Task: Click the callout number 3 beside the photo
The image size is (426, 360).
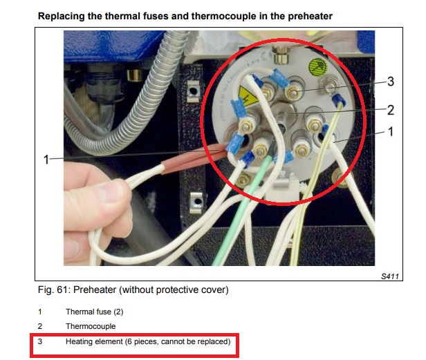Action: [390, 82]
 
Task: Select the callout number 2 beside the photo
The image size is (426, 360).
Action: [390, 109]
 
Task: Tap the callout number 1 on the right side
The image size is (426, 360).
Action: [390, 131]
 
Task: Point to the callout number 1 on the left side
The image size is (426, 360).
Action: [46, 160]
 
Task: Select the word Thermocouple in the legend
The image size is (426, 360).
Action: [91, 326]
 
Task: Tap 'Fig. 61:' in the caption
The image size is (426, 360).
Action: [53, 290]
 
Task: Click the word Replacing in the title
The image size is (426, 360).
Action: [64, 15]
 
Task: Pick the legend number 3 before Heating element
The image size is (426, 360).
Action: [41, 341]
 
